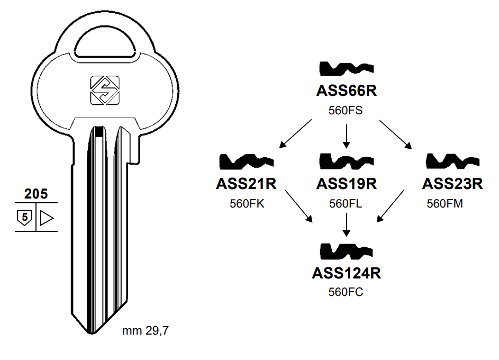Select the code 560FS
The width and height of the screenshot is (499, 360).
pyautogui.click(x=346, y=111)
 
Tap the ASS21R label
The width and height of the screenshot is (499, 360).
pyautogui.click(x=247, y=184)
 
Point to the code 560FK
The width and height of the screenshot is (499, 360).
pyautogui.click(x=247, y=203)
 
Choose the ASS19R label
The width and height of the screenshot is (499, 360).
pyautogui.click(x=346, y=184)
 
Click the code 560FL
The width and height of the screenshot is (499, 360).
pyautogui.click(x=346, y=203)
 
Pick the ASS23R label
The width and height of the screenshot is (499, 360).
pyautogui.click(x=452, y=184)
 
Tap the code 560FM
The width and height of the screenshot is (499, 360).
pyautogui.click(x=445, y=203)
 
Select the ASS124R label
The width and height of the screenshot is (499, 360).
pyautogui.click(x=346, y=273)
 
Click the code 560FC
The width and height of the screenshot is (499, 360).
pyautogui.click(x=346, y=292)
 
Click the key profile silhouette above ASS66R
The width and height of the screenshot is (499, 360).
pyautogui.click(x=347, y=69)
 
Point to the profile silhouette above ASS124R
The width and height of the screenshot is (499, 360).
pyautogui.click(x=347, y=250)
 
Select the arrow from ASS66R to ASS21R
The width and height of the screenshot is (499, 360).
pyautogui.click(x=296, y=132)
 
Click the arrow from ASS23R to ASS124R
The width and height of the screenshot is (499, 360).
pyautogui.click(x=391, y=206)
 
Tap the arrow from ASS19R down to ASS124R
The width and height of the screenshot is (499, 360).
pyautogui.click(x=346, y=225)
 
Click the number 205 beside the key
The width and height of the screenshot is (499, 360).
pyautogui.click(x=36, y=194)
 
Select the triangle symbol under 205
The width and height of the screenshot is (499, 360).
pyautogui.click(x=47, y=217)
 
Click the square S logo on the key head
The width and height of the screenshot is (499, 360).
pyautogui.click(x=105, y=90)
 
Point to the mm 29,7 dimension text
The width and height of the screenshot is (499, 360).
pyautogui.click(x=146, y=332)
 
